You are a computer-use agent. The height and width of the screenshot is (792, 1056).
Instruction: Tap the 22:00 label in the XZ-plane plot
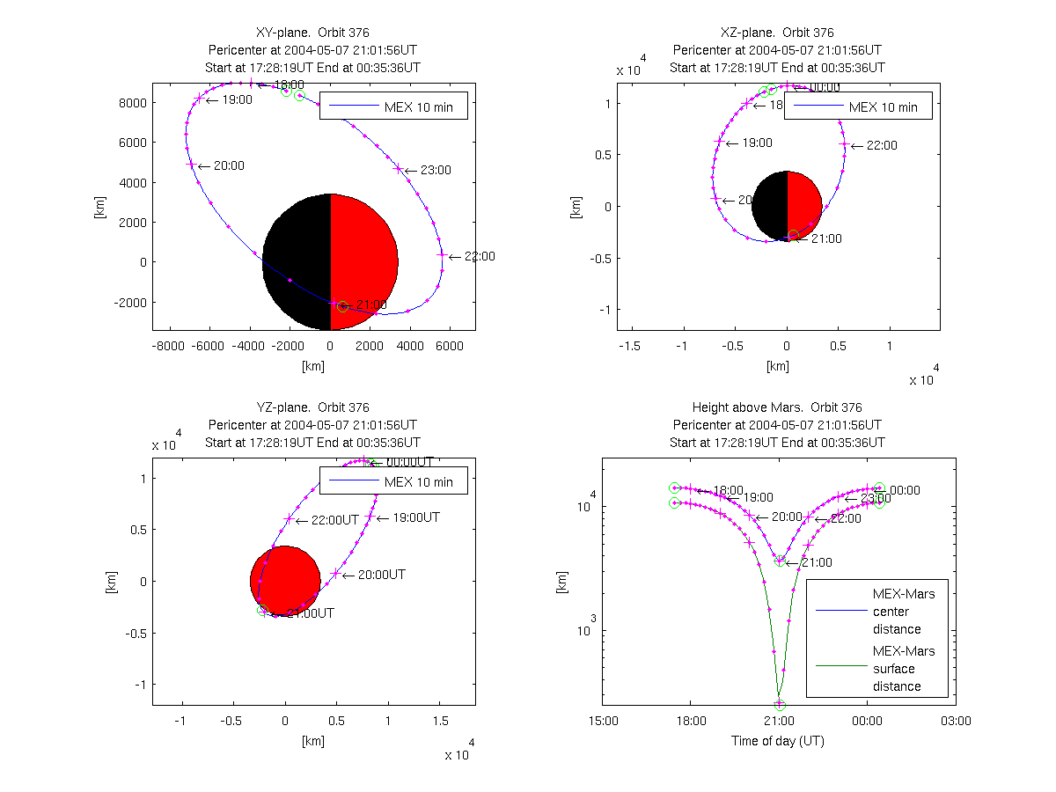tap(882, 145)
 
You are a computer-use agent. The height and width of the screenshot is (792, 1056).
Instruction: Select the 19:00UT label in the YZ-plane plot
tap(415, 517)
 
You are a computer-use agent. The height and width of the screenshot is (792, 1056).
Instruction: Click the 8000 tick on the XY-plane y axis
tap(132, 102)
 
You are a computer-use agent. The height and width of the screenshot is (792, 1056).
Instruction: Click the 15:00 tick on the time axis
tap(603, 721)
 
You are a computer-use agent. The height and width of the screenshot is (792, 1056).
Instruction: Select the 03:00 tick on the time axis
tap(956, 721)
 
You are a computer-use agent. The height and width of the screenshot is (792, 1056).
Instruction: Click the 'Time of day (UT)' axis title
tap(778, 741)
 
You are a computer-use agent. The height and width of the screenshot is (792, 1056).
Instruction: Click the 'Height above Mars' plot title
tap(777, 407)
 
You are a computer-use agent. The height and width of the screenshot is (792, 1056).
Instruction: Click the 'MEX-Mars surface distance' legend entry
tap(904, 669)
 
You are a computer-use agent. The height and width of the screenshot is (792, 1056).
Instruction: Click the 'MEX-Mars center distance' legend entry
tap(904, 612)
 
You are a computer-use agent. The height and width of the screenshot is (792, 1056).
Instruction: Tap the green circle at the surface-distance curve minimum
tap(779, 704)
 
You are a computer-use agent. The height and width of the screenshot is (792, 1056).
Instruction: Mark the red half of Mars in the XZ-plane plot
tap(804, 206)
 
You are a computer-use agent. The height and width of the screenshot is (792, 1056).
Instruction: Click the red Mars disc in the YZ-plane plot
tap(285, 581)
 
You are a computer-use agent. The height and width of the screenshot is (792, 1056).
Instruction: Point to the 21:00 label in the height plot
tap(816, 562)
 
